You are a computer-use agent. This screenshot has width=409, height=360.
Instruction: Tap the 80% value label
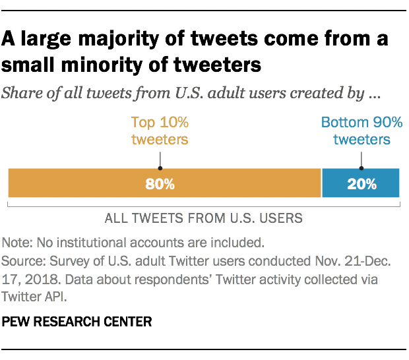click(160, 184)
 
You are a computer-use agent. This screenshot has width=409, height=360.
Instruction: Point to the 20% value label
click(361, 184)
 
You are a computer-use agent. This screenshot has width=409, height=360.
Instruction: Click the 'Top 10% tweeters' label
click(160, 131)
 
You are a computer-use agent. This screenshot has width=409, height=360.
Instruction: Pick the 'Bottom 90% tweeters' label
click(361, 131)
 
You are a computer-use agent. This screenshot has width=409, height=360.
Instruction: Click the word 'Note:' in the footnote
click(17, 241)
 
